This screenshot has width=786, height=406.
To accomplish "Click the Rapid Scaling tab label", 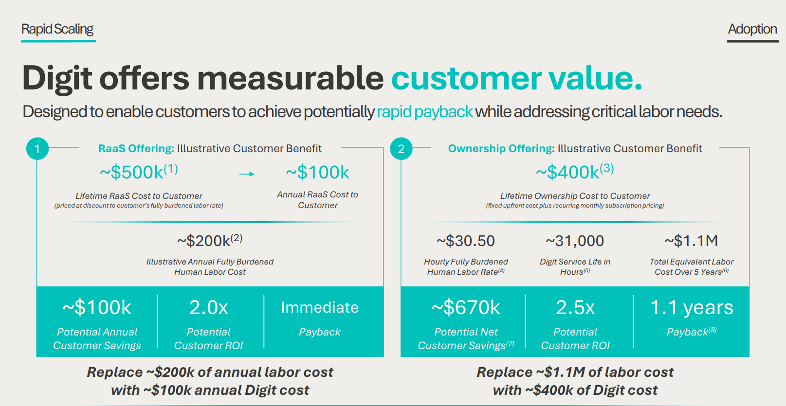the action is click(x=57, y=29).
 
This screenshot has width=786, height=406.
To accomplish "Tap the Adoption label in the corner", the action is click(x=752, y=29).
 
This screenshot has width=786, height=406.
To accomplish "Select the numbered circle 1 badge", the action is click(x=37, y=149).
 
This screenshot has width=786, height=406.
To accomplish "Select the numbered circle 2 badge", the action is click(x=401, y=149).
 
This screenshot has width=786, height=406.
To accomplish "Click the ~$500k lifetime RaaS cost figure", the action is click(x=139, y=172).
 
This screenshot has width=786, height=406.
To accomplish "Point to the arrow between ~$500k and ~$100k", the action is click(x=246, y=174).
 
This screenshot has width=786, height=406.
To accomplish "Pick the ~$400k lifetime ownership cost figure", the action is click(x=575, y=172).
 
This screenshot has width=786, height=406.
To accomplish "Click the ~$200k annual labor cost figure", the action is click(x=209, y=240).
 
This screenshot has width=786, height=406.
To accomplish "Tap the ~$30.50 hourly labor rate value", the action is click(x=466, y=241).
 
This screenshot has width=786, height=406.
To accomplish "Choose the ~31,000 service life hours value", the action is click(x=575, y=241).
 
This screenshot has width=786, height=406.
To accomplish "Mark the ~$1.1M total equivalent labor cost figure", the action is click(x=691, y=241).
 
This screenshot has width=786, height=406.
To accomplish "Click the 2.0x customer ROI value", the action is click(x=208, y=307).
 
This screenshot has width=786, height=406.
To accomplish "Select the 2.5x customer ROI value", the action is click(x=575, y=307).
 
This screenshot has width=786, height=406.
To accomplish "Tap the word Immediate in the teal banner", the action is click(x=320, y=307).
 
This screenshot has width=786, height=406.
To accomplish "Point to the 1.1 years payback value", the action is click(x=692, y=308).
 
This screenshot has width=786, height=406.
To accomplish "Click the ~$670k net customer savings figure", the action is click(x=466, y=307).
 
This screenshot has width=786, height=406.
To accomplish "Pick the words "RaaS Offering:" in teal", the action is click(x=136, y=149).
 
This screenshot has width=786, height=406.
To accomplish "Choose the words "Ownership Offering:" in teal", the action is click(x=501, y=149).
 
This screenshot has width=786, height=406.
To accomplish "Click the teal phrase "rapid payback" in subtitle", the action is click(x=425, y=112).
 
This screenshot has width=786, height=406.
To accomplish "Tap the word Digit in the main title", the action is click(x=57, y=79).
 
